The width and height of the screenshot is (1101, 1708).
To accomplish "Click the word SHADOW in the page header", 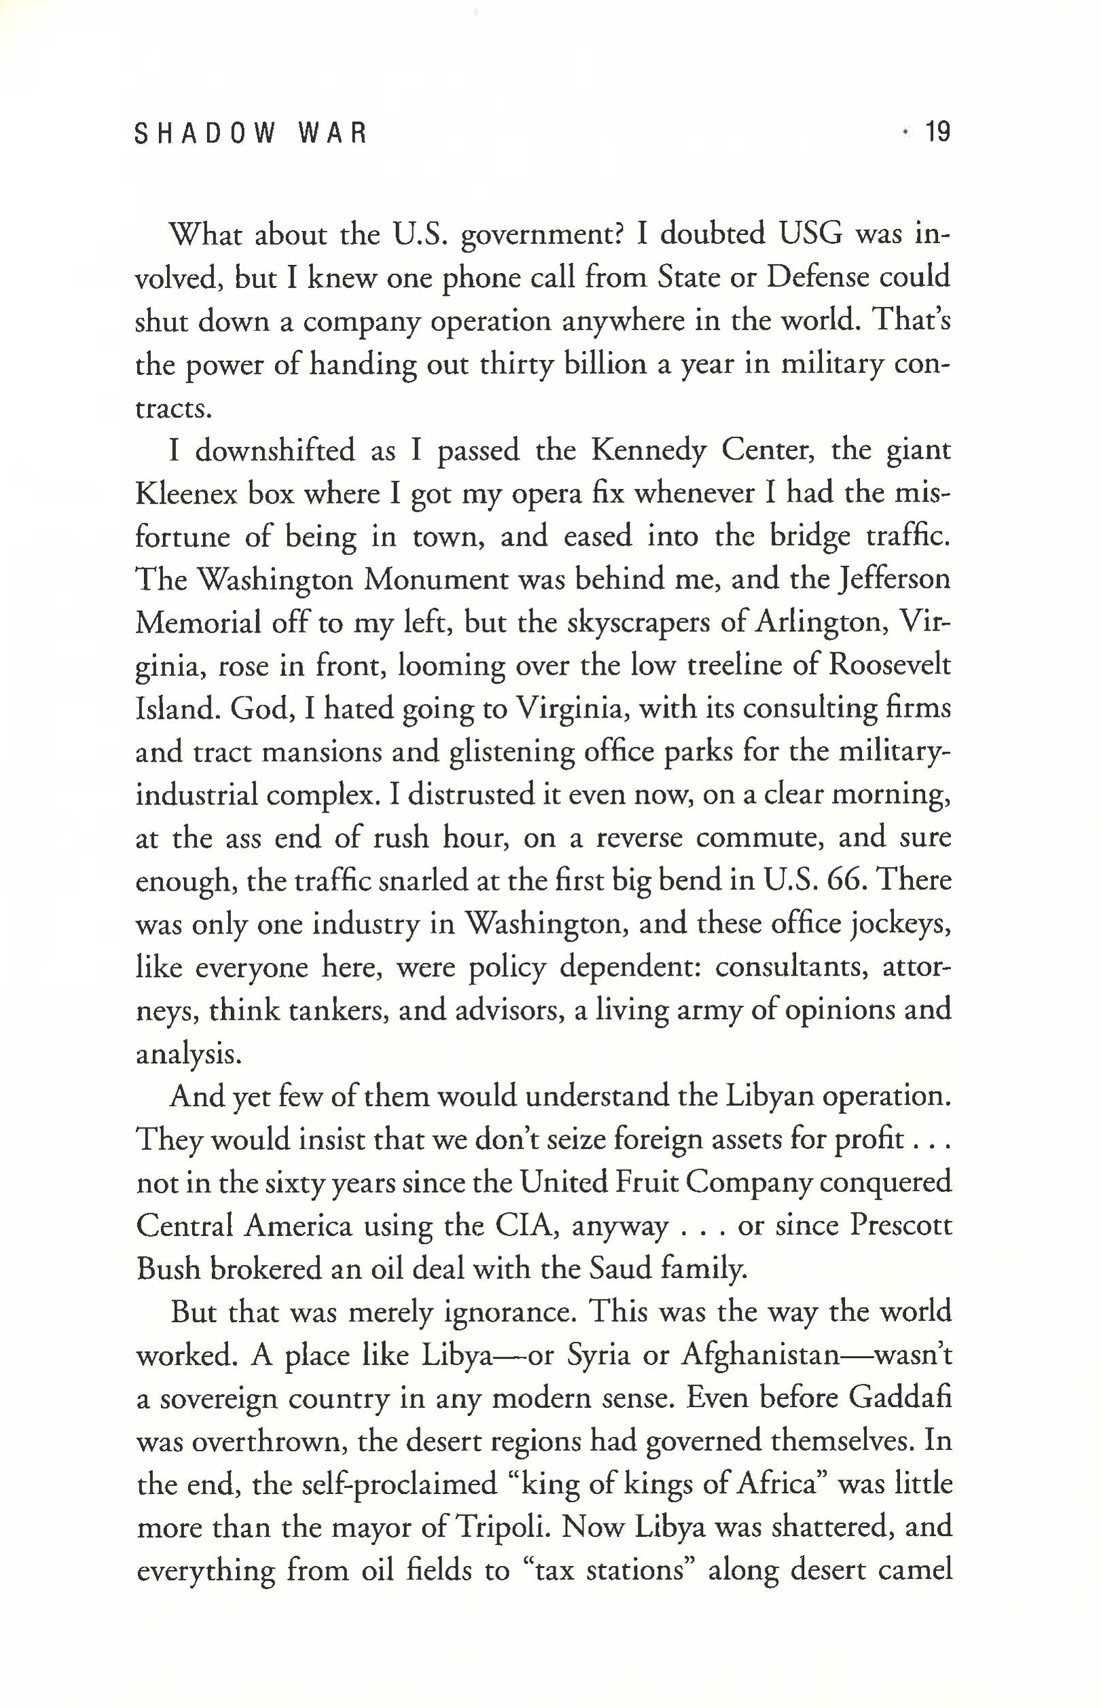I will point(204,134).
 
